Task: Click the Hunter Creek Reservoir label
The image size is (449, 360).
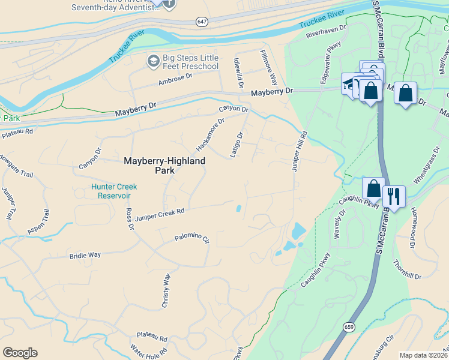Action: point(111,191)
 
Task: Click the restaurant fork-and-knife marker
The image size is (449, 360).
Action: point(394,196)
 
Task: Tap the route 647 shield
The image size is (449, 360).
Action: point(202,22)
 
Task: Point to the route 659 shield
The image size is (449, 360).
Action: point(348,327)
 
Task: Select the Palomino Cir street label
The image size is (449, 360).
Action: point(191,238)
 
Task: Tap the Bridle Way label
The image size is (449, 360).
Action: point(85,255)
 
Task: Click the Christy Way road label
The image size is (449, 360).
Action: point(166,290)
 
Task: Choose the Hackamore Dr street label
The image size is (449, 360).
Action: point(209,134)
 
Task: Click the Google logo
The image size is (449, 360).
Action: point(20,353)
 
